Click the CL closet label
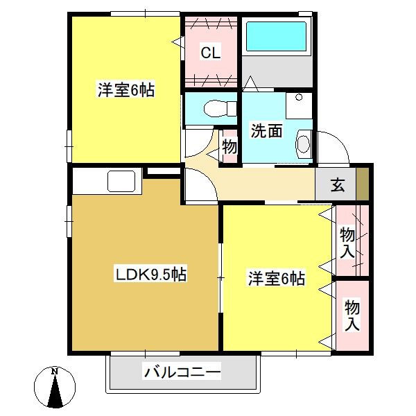coord(210,53)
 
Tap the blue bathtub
coord(276,36)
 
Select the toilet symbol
coord(220,109)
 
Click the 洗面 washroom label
coord(266,131)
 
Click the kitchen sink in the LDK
coord(121,181)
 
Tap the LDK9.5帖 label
coord(150,274)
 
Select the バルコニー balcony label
coord(182,372)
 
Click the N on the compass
coord(55,372)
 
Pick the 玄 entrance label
coord(338,185)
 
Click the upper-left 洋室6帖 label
coord(126,90)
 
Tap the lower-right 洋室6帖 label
coord(277,278)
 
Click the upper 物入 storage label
coord(347,243)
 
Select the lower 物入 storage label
coord(352,315)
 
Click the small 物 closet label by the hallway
coord(229,147)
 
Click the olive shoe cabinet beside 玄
coord(362,184)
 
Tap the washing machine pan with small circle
coord(299,105)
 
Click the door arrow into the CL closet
coord(177,42)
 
